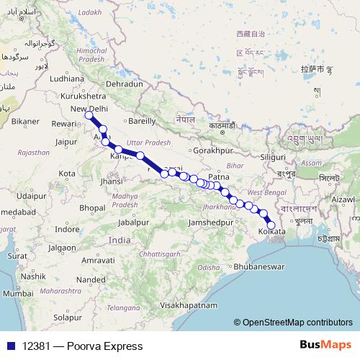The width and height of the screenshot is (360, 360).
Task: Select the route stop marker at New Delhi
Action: pos(89,115)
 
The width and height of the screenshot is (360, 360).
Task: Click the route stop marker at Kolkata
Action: pos(271,225)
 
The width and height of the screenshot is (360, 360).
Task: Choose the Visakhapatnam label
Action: pos(190,305)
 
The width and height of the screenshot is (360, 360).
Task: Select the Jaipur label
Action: pos(66,142)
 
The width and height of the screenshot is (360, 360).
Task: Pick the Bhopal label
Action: pos(92,207)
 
